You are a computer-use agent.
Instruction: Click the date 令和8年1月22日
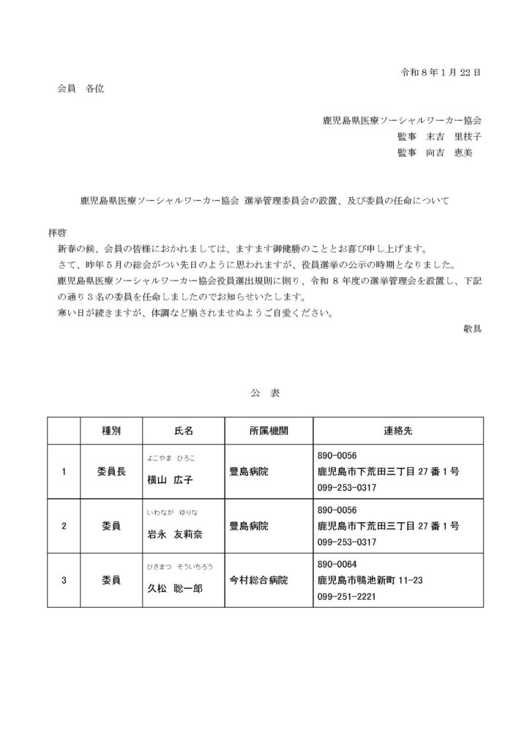[x=441, y=73]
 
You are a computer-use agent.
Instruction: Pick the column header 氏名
[x=183, y=431]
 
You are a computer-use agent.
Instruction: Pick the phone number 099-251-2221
[x=347, y=596]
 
